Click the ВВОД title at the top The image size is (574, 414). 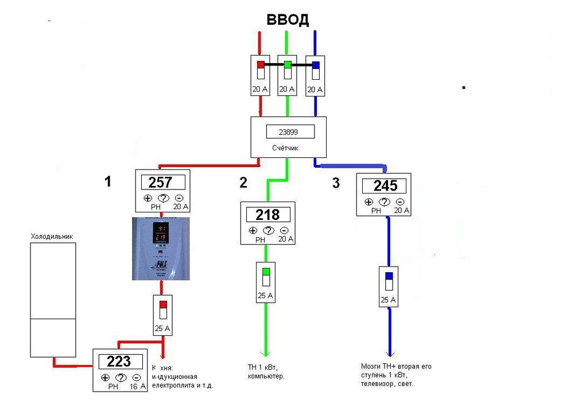[x=288, y=20]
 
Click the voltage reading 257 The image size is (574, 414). [x=160, y=183]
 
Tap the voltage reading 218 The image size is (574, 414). [x=267, y=215]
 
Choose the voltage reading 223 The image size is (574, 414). [x=119, y=362]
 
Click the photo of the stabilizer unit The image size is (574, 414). [x=161, y=249]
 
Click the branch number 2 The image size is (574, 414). [x=243, y=183]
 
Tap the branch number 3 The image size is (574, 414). [x=336, y=183]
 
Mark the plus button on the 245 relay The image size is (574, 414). [x=369, y=202]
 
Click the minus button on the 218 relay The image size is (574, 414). [x=284, y=231]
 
